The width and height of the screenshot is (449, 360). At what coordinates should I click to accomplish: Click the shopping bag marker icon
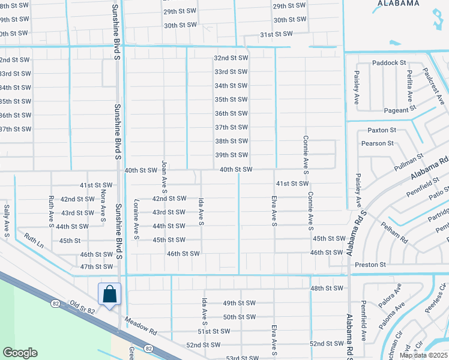109,295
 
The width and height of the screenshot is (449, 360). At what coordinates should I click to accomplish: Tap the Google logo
20,353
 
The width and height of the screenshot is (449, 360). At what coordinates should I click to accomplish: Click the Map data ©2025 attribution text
423,355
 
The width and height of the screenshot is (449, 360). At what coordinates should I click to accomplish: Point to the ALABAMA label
398,3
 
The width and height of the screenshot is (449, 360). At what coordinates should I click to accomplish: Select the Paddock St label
389,62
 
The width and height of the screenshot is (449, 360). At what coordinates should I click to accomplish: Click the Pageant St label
400,110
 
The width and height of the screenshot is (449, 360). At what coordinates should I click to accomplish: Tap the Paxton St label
382,130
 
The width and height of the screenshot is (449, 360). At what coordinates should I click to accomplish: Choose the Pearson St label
377,143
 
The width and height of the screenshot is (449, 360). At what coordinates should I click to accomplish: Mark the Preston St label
370,265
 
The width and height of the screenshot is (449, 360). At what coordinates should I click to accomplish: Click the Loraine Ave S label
137,220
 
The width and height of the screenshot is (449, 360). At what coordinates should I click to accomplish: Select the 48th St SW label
327,289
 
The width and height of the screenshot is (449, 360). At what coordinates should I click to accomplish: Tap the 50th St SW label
239,317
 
